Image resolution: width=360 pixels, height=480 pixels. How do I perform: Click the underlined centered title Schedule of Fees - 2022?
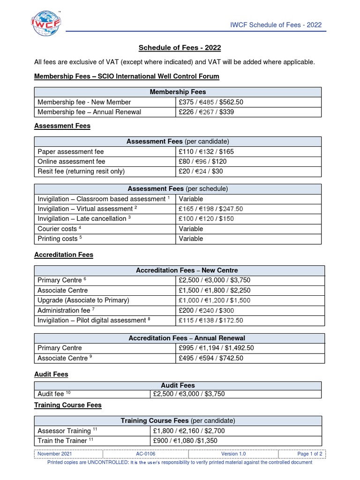coord(180,48)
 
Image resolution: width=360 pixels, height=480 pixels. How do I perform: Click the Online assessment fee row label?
coord(71,162)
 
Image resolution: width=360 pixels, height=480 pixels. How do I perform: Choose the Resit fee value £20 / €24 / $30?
coord(201,172)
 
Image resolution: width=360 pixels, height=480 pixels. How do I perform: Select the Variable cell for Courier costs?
coord(191,229)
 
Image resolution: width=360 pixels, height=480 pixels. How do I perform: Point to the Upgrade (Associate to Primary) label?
coord(83,300)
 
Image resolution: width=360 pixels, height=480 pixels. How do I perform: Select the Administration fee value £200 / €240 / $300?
coord(207,310)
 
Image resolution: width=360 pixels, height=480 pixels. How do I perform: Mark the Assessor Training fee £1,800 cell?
coord(192,431)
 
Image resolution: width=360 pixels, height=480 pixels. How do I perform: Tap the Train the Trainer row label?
coord(64,441)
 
